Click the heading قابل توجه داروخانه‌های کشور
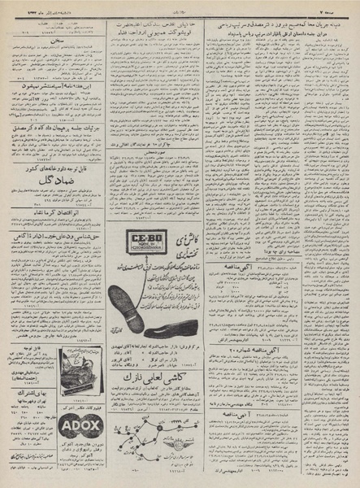pos(52,167)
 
